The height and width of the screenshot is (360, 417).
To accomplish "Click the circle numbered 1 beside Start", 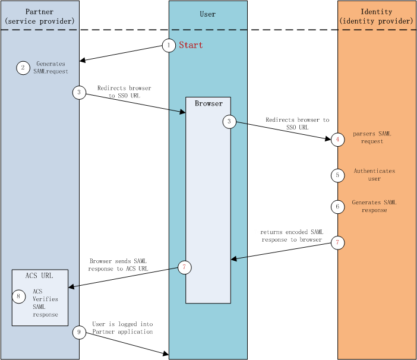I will pos(169,45).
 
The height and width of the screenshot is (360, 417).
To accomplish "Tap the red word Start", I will pos(191,45).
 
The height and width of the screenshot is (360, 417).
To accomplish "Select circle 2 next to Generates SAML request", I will pos(23,68).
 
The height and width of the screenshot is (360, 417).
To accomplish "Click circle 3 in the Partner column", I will pos(80,92).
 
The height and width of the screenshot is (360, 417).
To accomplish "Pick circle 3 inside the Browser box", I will pos(230,122).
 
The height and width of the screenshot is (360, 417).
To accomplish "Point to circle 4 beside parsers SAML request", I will pos(337,140).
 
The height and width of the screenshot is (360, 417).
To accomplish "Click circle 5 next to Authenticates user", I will pos(337,175).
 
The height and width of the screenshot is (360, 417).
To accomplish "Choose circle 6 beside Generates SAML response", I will pos(337,207).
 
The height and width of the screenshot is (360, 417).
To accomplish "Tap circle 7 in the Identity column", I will pos(338,243).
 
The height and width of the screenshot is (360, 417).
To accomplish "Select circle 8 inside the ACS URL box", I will pos(19,296).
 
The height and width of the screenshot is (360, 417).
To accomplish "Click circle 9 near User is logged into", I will pos(80,332).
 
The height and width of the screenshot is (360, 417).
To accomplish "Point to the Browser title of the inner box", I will pos(208,104).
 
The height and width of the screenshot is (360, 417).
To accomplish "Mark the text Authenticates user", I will pos(374,175).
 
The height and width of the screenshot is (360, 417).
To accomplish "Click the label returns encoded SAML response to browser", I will pos(291,236).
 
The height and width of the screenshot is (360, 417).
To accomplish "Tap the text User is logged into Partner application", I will pos(122,328).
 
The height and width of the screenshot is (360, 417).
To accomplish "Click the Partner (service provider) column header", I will pos(40,17).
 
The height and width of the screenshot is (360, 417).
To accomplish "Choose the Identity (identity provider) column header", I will pos(376,17).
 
